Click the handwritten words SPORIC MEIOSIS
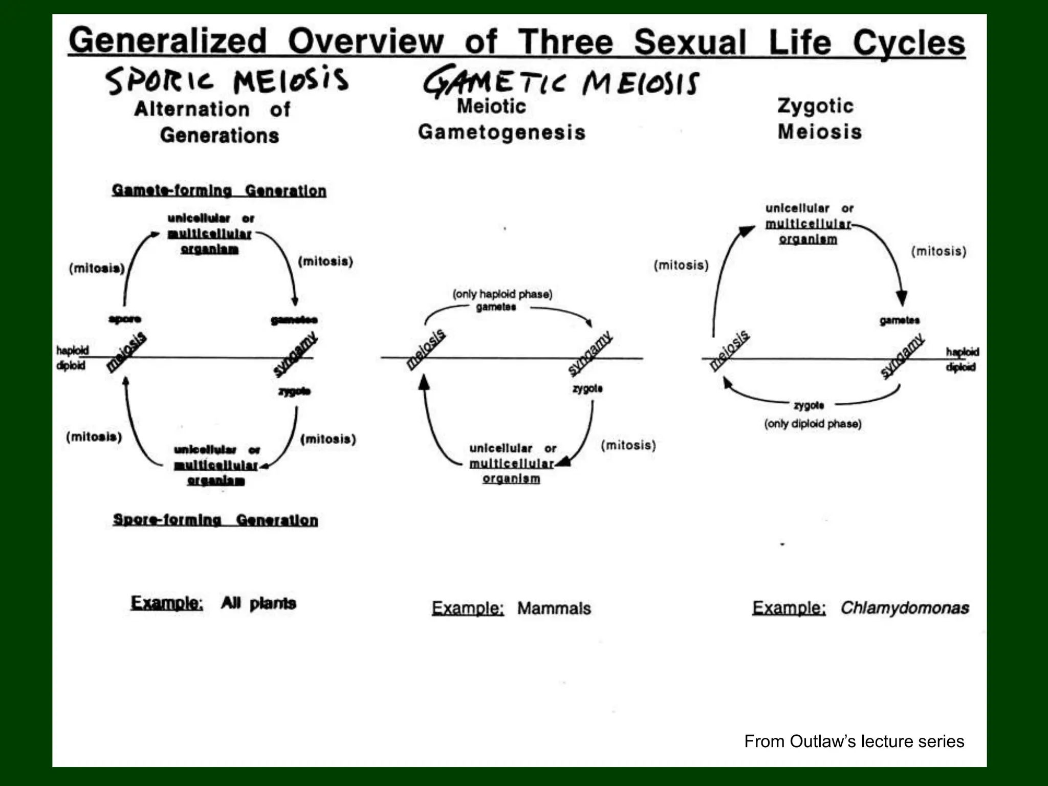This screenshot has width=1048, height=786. pos(227,81)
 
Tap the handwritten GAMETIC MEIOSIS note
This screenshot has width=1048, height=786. pos(561,82)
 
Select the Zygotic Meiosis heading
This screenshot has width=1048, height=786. pos(819,119)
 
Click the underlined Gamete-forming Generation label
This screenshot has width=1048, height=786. pos(219,191)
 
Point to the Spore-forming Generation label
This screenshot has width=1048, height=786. pos(215,520)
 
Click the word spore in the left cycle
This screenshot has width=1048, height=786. pos(125,319)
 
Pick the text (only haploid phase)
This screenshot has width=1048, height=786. pos(503,294)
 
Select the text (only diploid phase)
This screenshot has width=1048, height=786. pos(813,424)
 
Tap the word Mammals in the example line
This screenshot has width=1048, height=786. pos(554,608)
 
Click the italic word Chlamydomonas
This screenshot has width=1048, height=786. pos(905,607)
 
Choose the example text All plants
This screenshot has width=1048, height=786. pos(258,603)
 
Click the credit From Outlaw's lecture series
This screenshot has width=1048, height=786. pos(854,741)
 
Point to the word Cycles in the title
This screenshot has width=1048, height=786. pos(909,42)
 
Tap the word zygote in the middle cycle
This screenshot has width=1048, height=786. pos(587,388)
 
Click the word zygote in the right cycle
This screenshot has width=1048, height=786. pos(809,405)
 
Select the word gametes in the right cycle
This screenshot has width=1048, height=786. pos(900,320)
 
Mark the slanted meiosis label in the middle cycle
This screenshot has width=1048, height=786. pos(426,349)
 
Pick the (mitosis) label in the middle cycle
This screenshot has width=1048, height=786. pos(628,445)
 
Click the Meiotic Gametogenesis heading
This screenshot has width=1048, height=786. pos(501,119)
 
